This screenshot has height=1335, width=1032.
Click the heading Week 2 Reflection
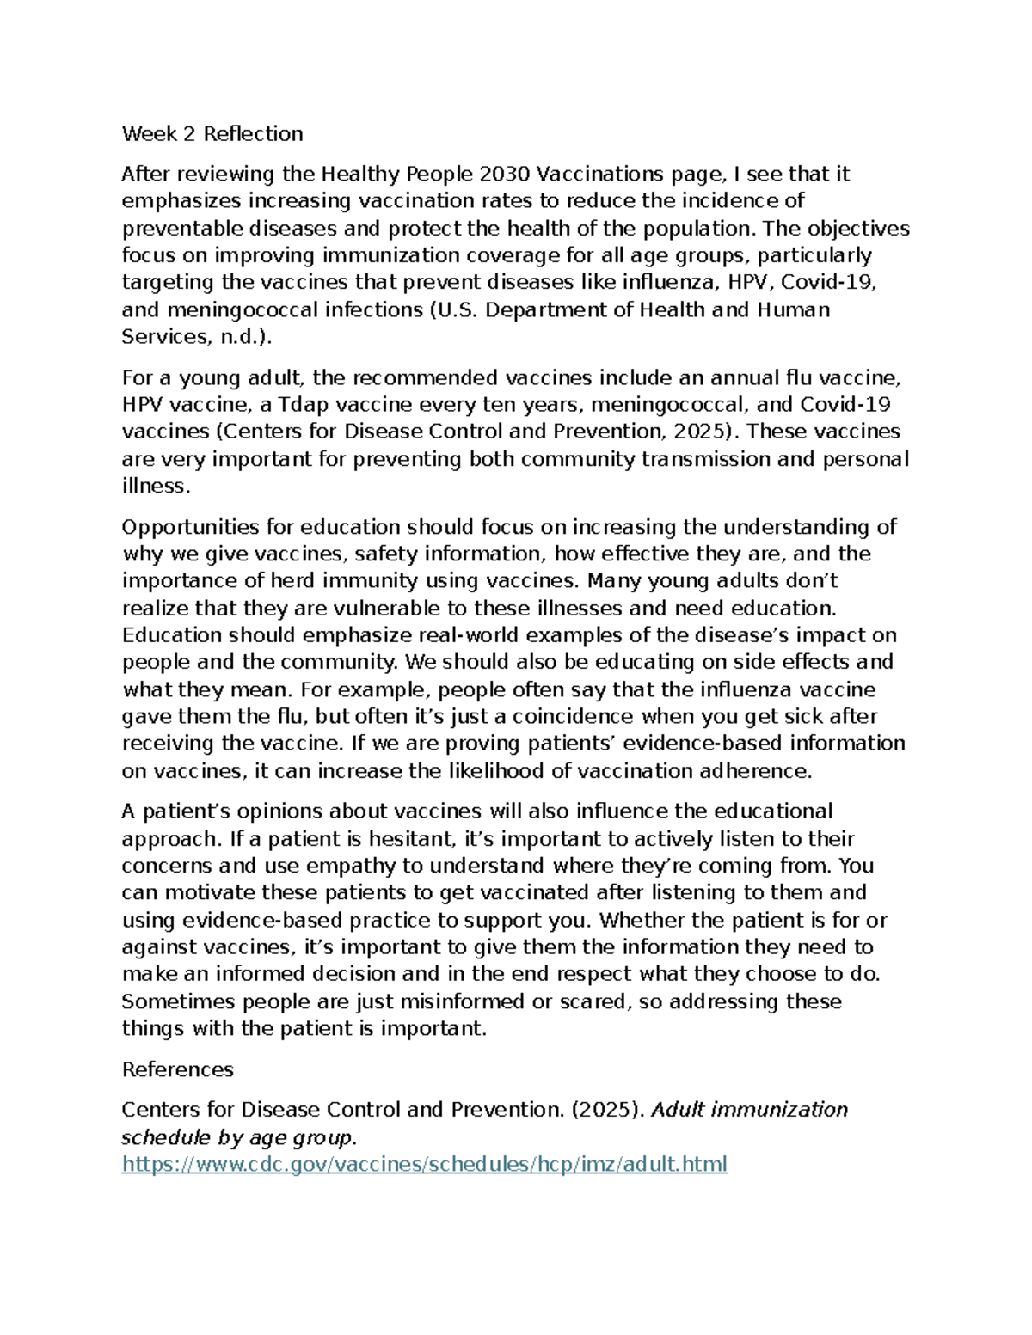[x=212, y=133]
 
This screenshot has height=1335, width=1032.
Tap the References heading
[x=178, y=1069]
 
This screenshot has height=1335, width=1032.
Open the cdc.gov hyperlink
[x=425, y=1165]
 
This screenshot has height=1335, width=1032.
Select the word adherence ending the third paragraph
[x=754, y=771]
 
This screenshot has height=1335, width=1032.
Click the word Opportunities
[x=190, y=526]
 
